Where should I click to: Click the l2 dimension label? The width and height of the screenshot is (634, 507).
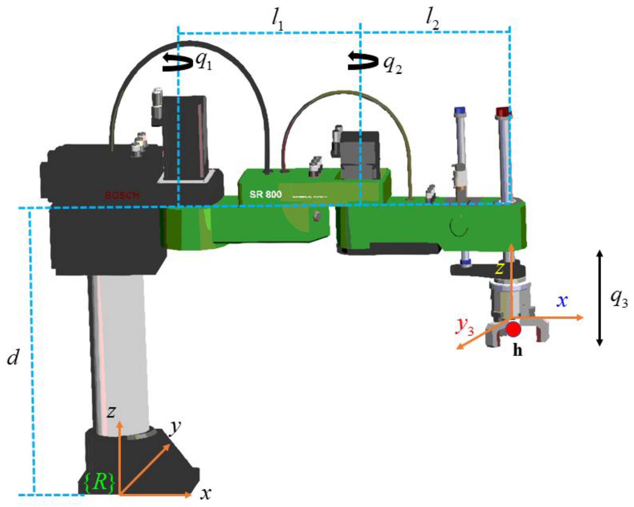pos(433,21)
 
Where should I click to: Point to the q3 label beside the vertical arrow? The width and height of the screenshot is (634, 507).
pos(619,299)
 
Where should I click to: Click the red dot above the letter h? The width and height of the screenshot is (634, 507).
pos(514,329)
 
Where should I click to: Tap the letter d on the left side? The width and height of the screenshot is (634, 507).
pos(13,357)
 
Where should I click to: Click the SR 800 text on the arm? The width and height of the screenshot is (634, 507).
pos(265,195)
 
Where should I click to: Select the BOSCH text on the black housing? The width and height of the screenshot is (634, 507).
pos(122,196)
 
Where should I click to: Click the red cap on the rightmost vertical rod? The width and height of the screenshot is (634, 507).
pos(503,112)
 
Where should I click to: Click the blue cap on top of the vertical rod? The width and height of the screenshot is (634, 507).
pos(460,110)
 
